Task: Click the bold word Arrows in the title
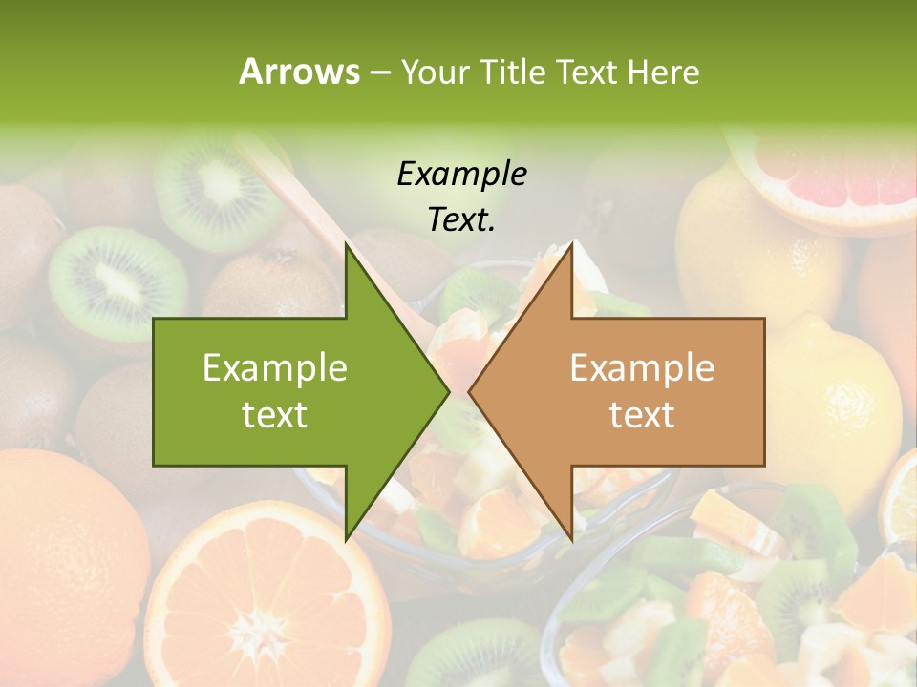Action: coord(299,72)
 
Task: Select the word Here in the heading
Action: coord(663,72)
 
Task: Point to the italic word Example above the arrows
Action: coord(461,174)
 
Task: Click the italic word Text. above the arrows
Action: coord(461,220)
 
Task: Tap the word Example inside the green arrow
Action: coord(275,368)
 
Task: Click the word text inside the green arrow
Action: coord(275,415)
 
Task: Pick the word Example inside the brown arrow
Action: coord(642,368)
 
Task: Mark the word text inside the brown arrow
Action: coord(642,415)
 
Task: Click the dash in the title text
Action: coord(379,73)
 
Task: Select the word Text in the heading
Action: coord(587,72)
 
